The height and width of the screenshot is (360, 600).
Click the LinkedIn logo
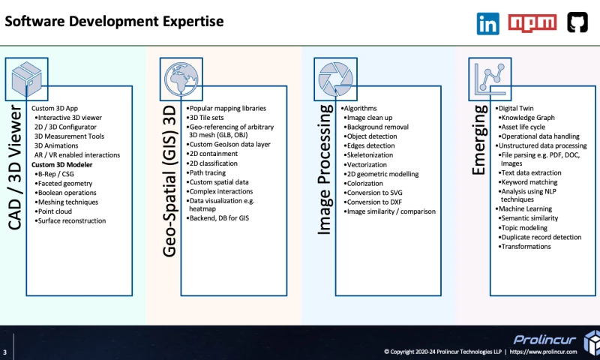487,23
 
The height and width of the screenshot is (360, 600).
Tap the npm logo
532,23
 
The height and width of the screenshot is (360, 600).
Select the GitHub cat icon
577,23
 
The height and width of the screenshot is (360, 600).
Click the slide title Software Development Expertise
114,21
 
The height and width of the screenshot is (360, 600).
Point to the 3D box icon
26,76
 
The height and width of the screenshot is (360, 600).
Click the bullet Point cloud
60,211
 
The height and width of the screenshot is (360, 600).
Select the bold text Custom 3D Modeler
63,164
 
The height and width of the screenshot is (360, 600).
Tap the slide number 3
5,352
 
